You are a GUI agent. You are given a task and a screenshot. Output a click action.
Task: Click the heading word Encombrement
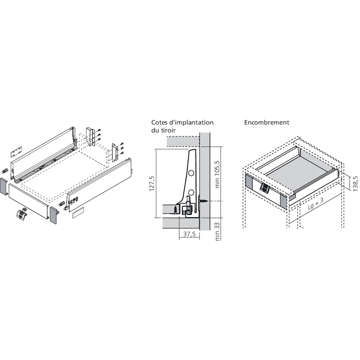(266, 122)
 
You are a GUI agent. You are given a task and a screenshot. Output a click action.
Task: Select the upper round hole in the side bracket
(191, 173)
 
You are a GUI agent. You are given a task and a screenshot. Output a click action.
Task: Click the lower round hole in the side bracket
(191, 192)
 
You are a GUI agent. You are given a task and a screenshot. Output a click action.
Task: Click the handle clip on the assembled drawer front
(265, 188)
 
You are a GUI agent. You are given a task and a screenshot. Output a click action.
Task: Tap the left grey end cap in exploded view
(4, 186)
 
